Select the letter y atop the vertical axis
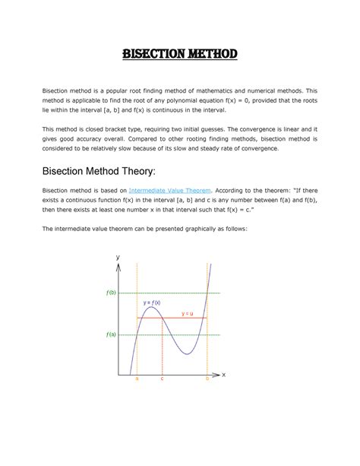coord(118,257)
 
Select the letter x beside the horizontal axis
coord(224,375)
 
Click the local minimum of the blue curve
coord(185,354)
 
